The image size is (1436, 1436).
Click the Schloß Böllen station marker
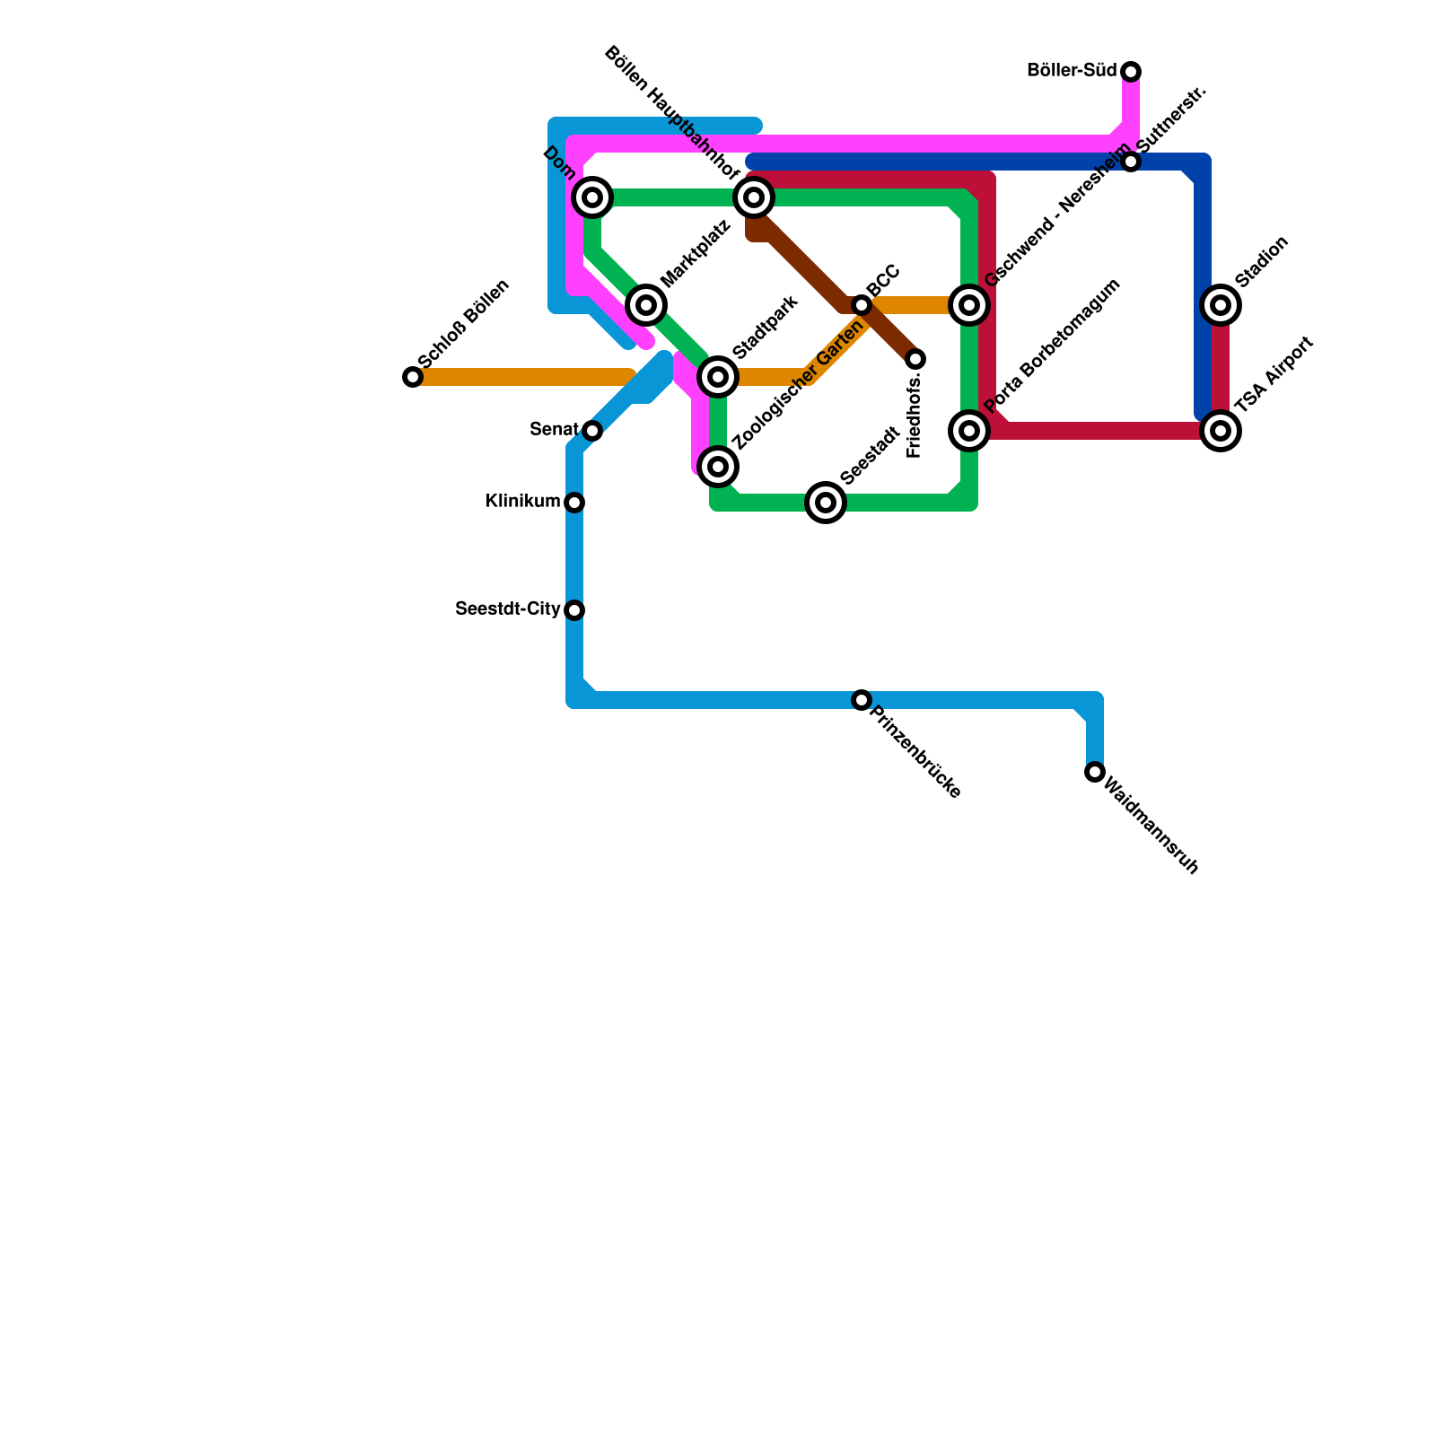[413, 377]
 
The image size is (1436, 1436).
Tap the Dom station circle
[592, 197]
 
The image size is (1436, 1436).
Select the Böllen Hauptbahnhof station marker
[754, 197]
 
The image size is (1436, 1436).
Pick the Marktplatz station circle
[646, 305]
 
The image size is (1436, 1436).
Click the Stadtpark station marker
[718, 377]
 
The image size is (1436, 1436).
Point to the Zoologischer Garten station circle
[718, 467]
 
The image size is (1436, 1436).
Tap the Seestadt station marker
[826, 503]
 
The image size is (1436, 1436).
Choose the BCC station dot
[862, 305]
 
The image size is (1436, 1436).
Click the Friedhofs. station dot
[915, 359]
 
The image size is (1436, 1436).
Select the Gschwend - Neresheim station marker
[969, 305]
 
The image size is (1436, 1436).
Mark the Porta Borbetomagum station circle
[969, 431]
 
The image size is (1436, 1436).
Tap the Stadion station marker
[1221, 305]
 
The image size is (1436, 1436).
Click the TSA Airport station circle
[1221, 431]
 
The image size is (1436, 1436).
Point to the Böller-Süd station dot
[1131, 72]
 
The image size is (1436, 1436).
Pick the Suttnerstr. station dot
[1131, 162]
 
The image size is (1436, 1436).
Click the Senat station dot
[592, 431]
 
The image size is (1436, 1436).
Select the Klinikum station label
[522, 502]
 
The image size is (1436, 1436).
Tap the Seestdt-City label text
[508, 609]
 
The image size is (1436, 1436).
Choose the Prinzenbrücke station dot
[862, 700]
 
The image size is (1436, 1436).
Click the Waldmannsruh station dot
[1095, 772]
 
